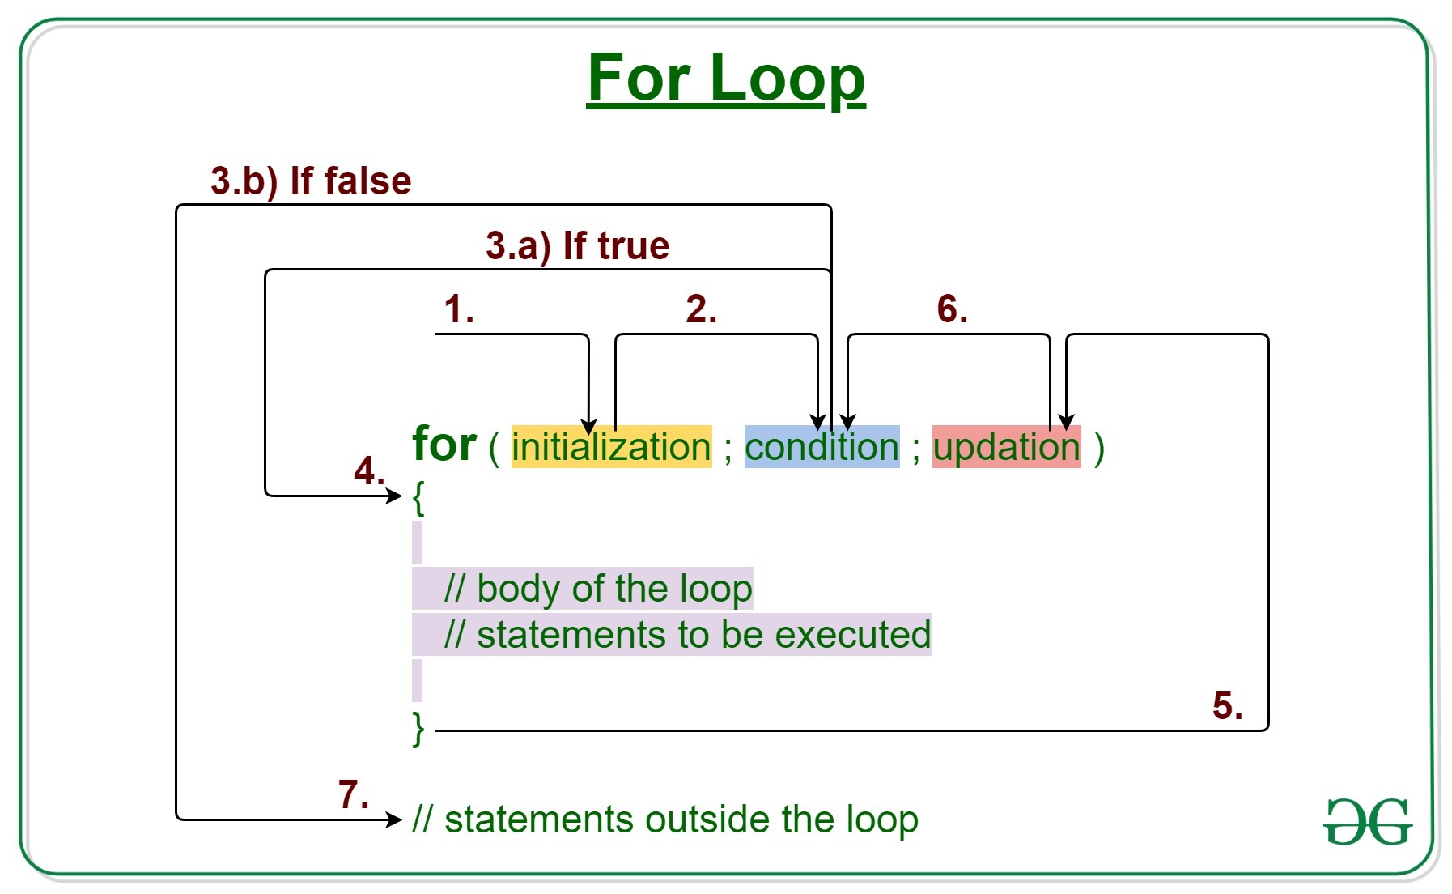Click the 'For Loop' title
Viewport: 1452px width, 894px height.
coord(726,78)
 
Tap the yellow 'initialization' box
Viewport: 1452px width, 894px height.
coord(611,447)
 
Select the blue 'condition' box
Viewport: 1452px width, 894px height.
coord(822,447)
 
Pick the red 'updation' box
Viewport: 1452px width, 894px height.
coord(1006,447)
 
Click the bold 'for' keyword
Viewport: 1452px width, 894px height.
coord(444,445)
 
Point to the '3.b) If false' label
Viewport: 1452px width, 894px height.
coord(311,181)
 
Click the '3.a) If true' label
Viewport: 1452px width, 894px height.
coord(577,245)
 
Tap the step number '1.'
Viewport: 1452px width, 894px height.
coord(458,309)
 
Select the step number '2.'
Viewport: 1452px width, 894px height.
coord(701,309)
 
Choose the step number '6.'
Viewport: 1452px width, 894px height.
coord(952,309)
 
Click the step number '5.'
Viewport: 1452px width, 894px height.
coord(1227,706)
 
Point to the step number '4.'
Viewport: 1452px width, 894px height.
coord(369,471)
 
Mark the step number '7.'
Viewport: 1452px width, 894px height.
coord(354,795)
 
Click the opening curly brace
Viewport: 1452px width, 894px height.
coord(418,497)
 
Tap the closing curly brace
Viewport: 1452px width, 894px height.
coord(418,729)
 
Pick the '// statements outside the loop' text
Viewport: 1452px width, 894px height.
coord(665,819)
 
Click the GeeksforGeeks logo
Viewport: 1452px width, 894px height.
coord(1368,821)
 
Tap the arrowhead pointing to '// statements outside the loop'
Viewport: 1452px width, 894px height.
coord(395,819)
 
